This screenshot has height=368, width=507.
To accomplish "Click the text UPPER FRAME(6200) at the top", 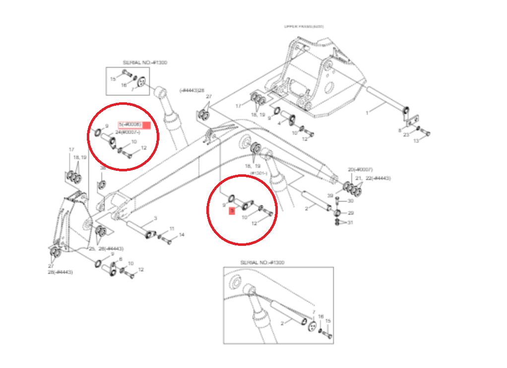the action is click(x=304, y=26).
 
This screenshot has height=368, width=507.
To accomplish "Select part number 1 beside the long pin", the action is click(x=367, y=113).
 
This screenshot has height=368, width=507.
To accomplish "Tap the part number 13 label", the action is click(x=416, y=141).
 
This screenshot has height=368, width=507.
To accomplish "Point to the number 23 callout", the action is click(x=406, y=135).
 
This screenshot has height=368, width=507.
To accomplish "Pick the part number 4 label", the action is click(x=280, y=123).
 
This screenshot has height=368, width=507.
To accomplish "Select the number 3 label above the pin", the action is click(x=155, y=218).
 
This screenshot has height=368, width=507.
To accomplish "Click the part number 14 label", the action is click(x=182, y=234).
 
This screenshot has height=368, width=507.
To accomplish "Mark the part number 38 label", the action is click(x=103, y=169).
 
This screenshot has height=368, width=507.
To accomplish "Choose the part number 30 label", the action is click(x=350, y=201).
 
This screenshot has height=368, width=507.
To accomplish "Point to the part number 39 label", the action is click(x=329, y=197).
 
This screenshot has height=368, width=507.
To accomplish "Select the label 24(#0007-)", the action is click(x=127, y=132).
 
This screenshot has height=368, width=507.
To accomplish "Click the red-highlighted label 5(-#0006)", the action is click(x=130, y=124).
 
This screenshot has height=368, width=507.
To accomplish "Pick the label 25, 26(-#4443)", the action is click(x=106, y=248).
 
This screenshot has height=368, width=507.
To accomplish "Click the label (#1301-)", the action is click(x=258, y=173).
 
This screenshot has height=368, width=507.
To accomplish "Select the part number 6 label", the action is click(x=121, y=259).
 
